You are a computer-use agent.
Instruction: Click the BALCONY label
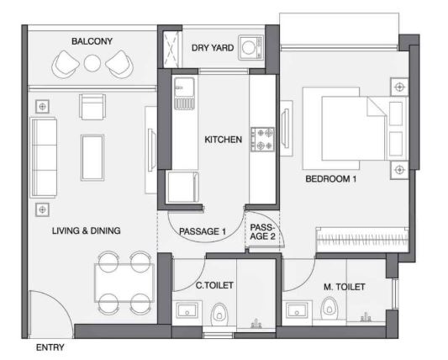92,41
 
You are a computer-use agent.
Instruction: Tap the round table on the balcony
92,63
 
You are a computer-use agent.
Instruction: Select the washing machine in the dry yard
250,47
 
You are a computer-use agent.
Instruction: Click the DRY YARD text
213,48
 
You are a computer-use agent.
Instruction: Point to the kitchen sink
184,93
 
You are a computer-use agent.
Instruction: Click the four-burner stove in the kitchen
262,140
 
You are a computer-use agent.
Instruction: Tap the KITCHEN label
223,140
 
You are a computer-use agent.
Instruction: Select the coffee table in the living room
92,157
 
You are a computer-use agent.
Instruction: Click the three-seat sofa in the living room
44,157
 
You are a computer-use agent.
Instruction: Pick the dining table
124,283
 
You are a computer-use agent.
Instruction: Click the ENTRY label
50,347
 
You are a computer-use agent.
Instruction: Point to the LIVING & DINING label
86,230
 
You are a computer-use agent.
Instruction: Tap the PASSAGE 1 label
203,231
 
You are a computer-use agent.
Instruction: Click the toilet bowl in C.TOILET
219,315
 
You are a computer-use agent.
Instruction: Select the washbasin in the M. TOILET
297,310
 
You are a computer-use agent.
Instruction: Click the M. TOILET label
345,287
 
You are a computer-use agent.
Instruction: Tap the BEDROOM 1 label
331,179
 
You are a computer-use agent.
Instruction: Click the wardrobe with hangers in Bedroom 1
362,240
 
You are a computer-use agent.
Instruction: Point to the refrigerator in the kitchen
183,187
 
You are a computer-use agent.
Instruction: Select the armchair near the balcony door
92,107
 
